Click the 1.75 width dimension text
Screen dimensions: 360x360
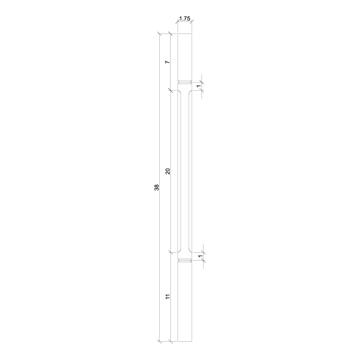[184, 19]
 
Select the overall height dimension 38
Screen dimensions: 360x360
[156, 187]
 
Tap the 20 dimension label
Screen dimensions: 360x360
[168, 171]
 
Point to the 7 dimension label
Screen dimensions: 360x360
[168, 62]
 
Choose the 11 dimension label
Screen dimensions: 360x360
[168, 297]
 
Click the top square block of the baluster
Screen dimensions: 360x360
[184, 57]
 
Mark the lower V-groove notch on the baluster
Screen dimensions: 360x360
[184, 260]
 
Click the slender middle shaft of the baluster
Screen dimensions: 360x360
[184, 171]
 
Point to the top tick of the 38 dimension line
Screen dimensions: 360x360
[159, 34]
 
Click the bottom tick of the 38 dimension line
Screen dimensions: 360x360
[159, 341]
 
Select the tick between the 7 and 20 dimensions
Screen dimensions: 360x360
[171, 90]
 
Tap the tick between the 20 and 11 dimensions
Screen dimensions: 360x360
[171, 252]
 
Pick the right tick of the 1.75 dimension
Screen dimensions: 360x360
[192, 21]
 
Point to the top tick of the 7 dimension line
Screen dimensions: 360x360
[171, 34]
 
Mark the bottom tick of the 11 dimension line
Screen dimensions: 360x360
[171, 341]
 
